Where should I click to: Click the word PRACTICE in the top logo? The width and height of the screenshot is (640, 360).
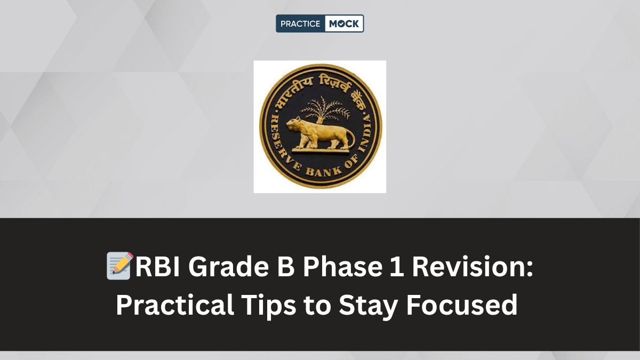[300, 23]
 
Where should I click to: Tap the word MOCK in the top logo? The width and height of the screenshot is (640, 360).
[344, 23]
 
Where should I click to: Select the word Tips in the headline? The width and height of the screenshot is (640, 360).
[265, 305]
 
